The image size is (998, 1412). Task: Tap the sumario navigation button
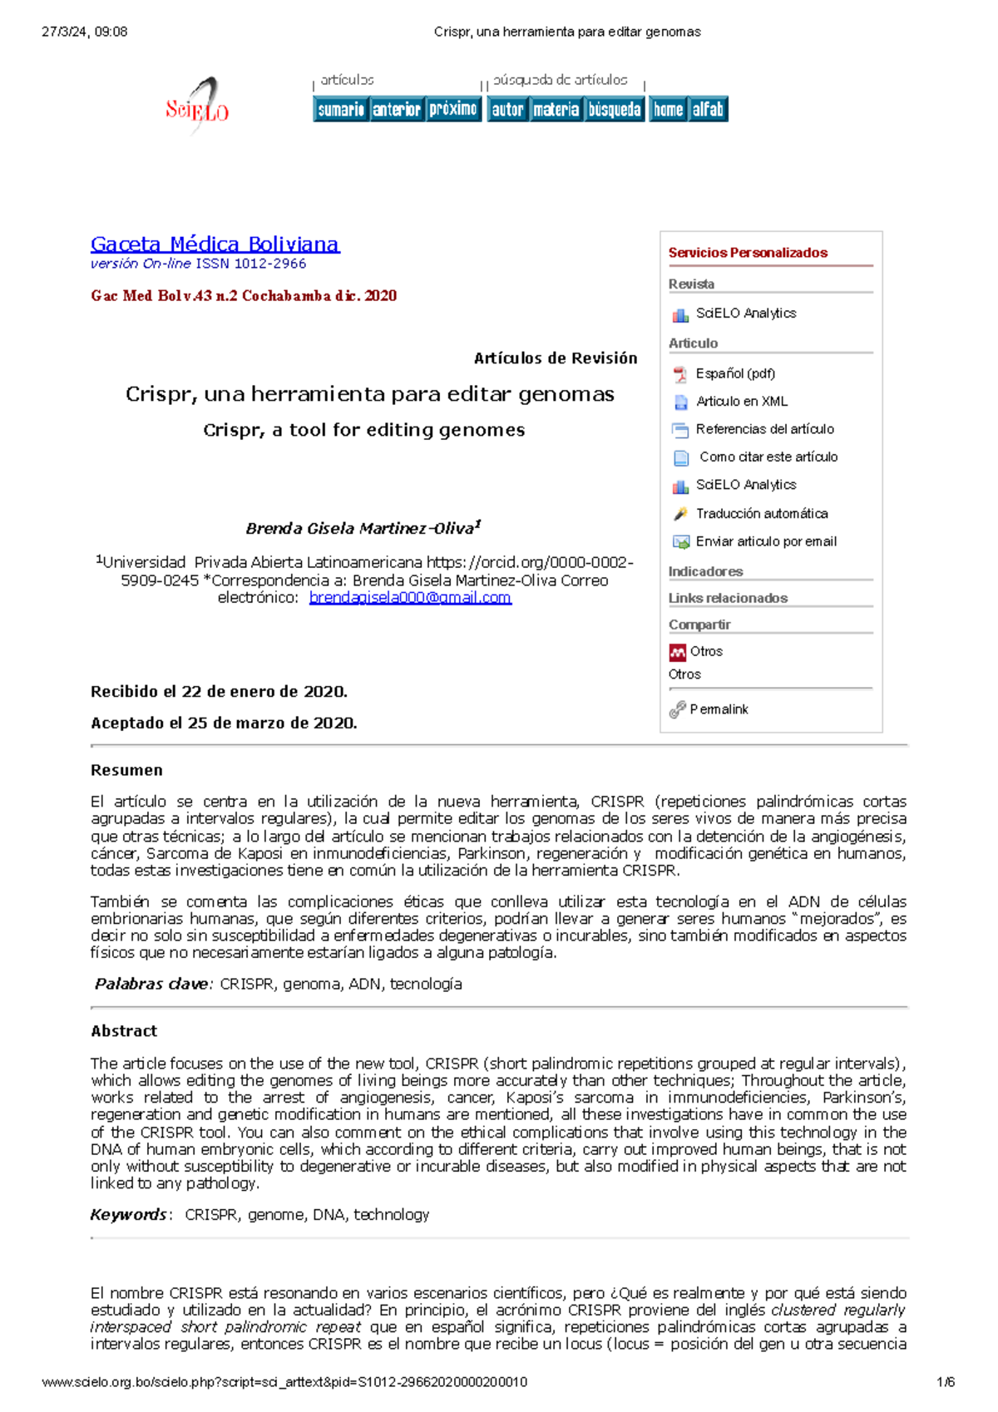(341, 109)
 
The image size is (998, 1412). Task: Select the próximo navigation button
(453, 109)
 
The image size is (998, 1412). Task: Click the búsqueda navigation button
(615, 109)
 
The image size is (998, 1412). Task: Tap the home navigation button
(668, 109)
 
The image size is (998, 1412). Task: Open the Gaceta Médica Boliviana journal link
(215, 244)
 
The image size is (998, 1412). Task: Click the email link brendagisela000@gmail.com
(410, 597)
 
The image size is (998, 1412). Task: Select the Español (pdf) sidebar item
(734, 373)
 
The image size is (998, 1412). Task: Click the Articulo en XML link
(741, 401)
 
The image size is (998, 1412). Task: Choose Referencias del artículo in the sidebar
(764, 429)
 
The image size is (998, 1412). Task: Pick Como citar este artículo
(768, 457)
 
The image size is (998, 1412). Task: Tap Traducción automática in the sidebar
(761, 513)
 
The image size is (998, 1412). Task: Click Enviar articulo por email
(765, 541)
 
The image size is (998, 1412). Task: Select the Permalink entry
(718, 709)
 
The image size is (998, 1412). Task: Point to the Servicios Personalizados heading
(748, 253)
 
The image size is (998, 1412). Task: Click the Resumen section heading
(126, 770)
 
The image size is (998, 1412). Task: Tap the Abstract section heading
(124, 1031)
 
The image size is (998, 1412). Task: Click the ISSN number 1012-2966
(269, 264)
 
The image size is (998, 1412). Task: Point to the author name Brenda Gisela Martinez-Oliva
(359, 528)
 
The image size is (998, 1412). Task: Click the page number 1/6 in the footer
(945, 1382)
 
